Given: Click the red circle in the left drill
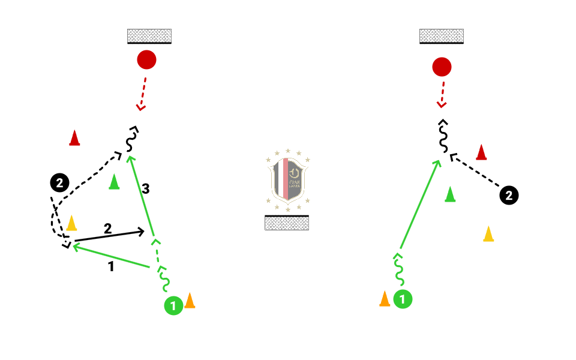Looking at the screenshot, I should coord(146,59).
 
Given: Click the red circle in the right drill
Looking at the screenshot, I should coord(442,67).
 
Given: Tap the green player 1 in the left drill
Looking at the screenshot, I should coord(173,306).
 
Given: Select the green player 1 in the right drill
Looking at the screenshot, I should coord(403,299).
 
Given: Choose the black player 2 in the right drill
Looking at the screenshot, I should coord(509,195).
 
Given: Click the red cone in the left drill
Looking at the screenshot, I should coord(74,138).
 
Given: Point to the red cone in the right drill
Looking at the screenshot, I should coord(481,152).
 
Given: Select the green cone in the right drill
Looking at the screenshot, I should coord(450,194).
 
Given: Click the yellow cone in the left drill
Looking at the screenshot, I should coord(71,223).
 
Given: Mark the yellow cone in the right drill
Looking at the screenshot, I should coord(488,234).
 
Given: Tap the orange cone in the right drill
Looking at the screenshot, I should coord(385,298).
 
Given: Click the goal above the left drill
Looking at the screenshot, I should coord(149,36).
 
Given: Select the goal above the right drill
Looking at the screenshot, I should coord(442,36).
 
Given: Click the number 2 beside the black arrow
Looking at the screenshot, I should coord(107,229).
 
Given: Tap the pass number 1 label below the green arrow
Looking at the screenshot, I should coord(111,267).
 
